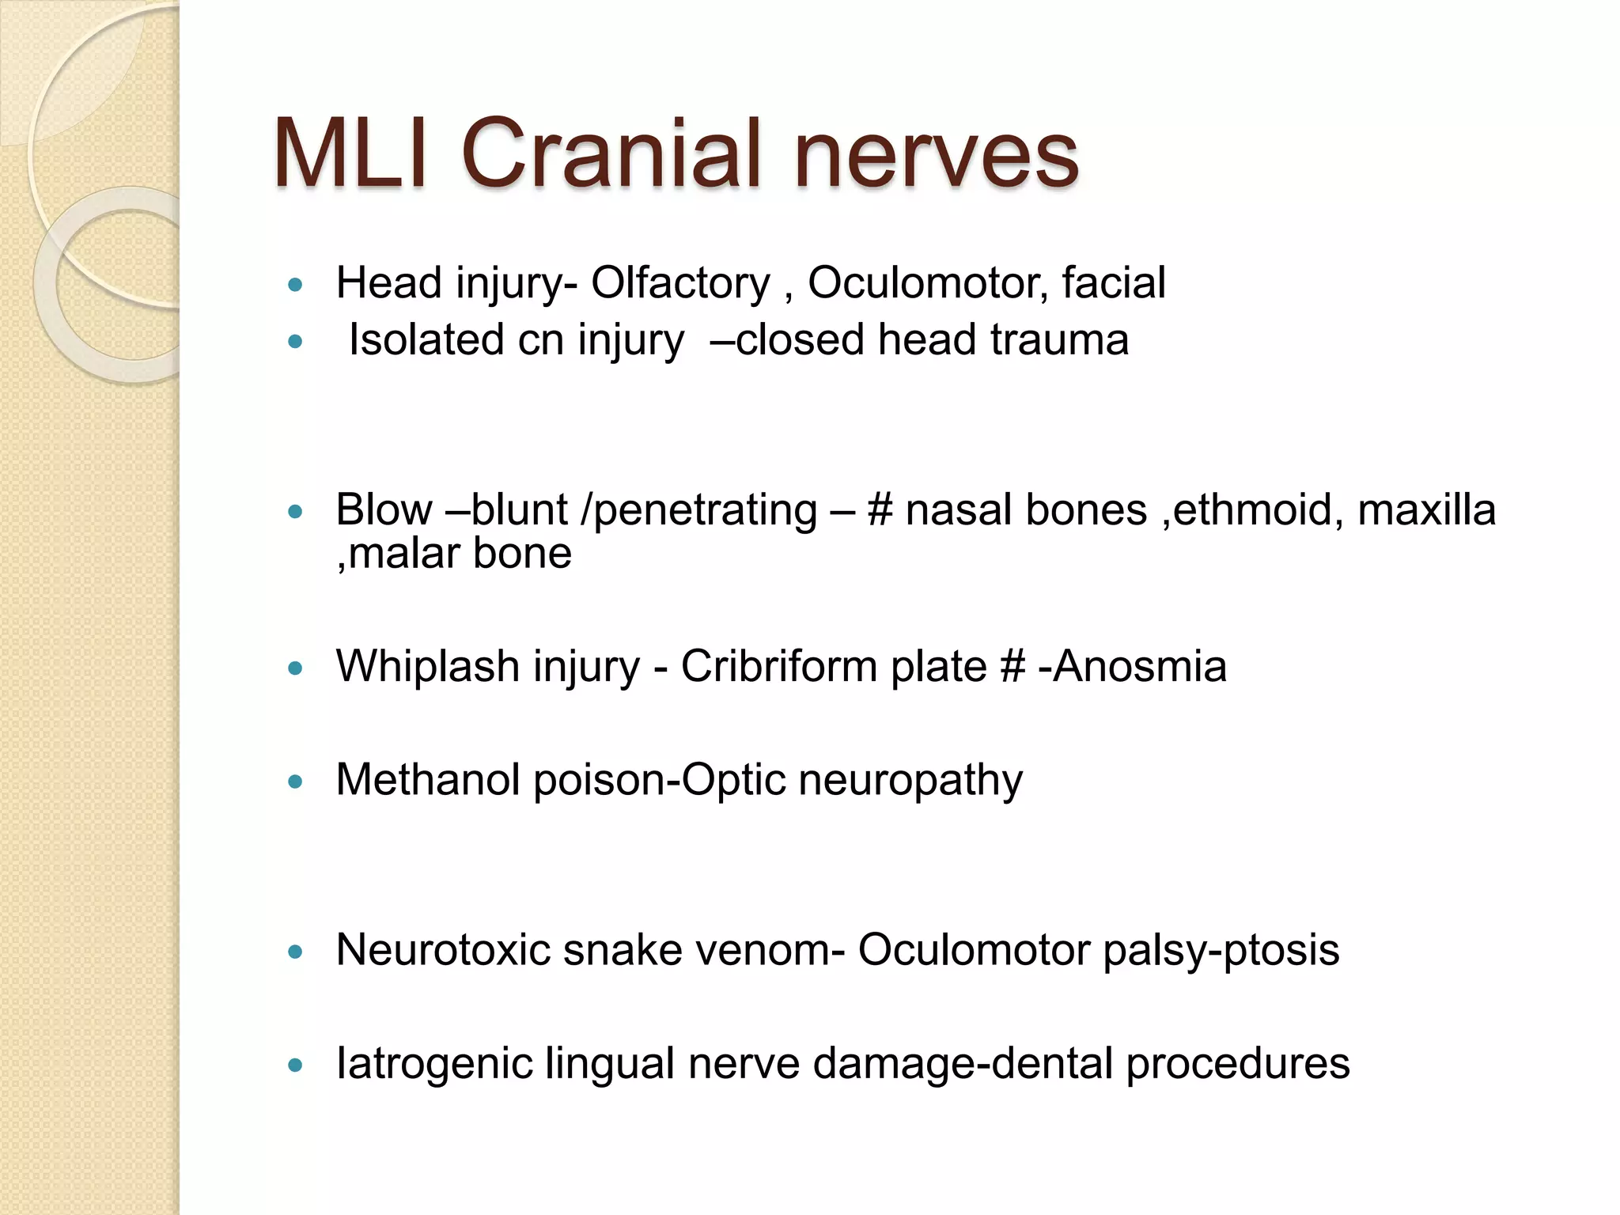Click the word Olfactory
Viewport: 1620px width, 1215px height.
point(680,283)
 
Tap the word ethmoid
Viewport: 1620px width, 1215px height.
point(1258,510)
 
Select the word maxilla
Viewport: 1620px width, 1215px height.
point(1426,510)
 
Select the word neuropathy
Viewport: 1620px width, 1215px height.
point(910,782)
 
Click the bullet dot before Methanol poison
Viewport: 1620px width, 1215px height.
point(296,782)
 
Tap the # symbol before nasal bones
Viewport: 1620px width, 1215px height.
point(880,510)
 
